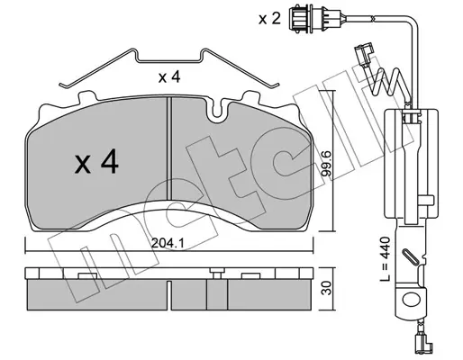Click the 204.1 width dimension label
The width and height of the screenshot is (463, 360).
168,243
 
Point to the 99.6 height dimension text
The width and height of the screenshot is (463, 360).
326,166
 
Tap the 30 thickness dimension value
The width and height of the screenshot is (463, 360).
327,288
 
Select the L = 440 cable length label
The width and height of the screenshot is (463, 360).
385,259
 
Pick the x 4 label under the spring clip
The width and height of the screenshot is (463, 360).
169,77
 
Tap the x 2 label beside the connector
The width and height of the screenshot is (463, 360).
269,19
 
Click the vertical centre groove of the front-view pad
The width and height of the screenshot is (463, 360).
168,148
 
